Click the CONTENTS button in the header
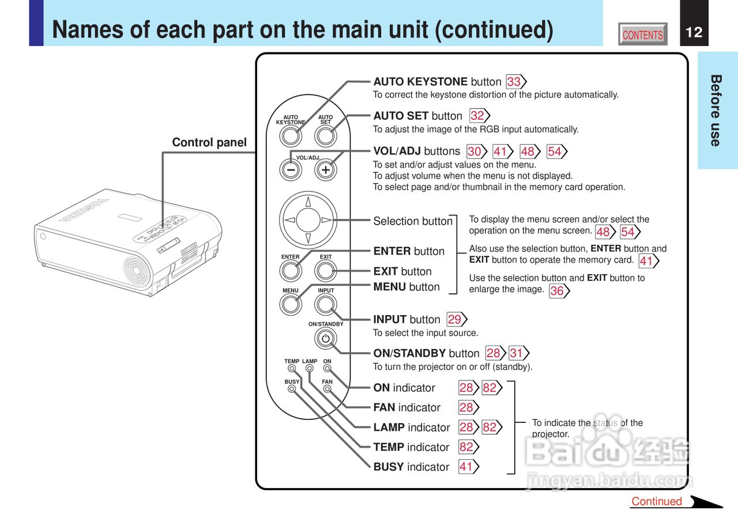point(642,35)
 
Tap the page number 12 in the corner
point(694,32)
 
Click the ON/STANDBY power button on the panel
point(326,338)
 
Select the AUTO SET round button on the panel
point(326,137)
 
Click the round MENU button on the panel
point(291,303)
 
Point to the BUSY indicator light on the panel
point(292,389)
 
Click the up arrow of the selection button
point(308,202)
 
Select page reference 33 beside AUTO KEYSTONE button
point(514,82)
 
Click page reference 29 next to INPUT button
point(455,319)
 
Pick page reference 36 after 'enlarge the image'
point(557,291)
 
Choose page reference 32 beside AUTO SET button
point(477,116)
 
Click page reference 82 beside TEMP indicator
point(466,447)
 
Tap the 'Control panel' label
point(209,142)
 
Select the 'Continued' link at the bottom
point(657,501)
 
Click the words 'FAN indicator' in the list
point(406,407)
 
